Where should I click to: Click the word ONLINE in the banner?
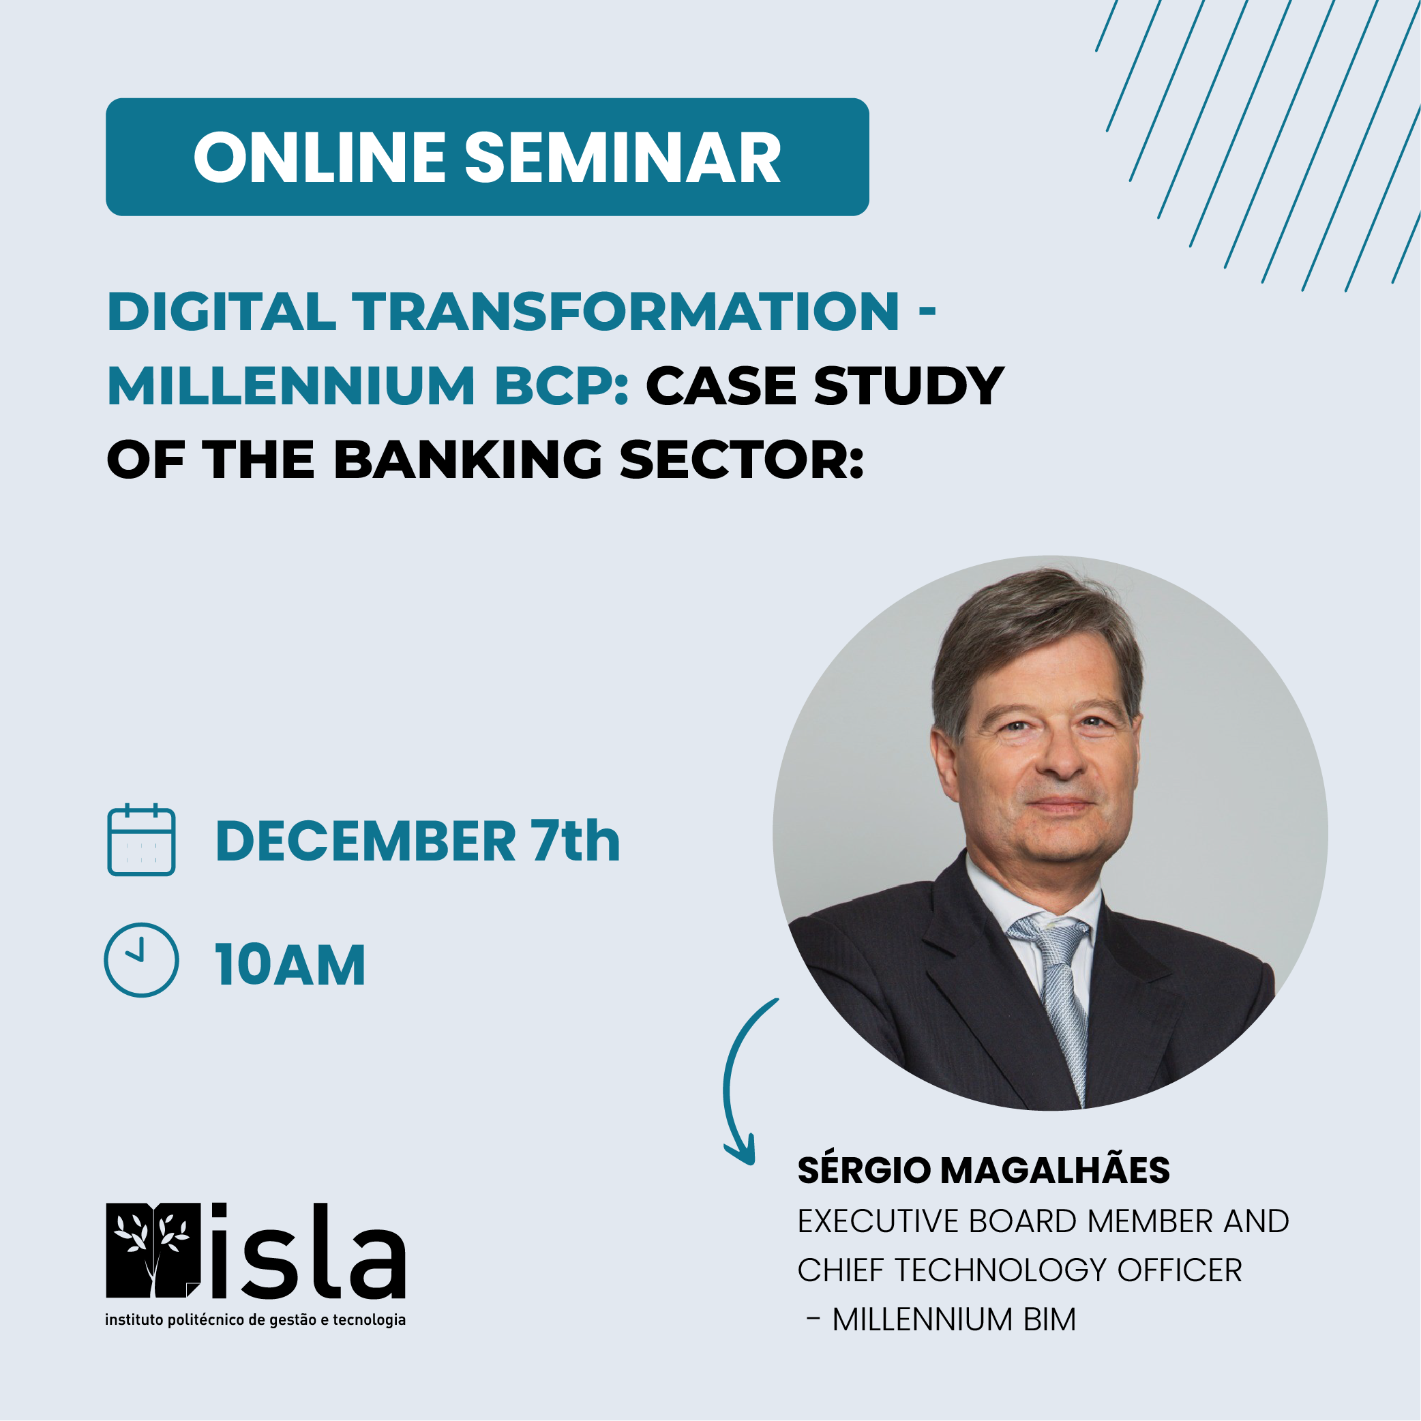(319, 158)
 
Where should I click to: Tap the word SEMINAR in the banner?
(623, 158)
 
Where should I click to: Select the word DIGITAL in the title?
(222, 311)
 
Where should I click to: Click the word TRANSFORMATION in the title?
(626, 311)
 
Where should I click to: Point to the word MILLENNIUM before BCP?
(291, 385)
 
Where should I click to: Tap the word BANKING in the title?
(468, 459)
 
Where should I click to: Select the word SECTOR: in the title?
(742, 459)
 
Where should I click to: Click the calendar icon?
(141, 840)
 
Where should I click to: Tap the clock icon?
(141, 961)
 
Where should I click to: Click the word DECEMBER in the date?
(365, 841)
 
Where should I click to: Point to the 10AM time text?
(290, 965)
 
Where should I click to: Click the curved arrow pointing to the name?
(727, 1081)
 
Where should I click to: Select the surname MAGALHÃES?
(1055, 1170)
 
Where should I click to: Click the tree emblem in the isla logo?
(153, 1251)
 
